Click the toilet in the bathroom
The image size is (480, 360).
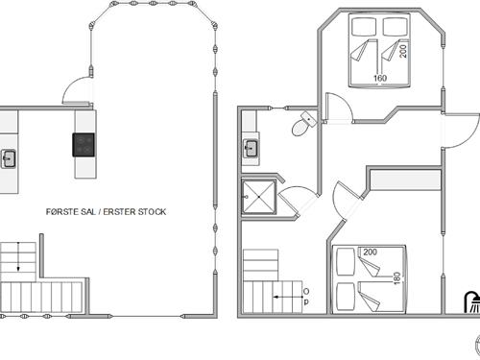[303, 124]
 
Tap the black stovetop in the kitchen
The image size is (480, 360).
[84, 145]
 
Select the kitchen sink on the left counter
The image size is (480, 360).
[9, 158]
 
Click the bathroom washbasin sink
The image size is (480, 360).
[252, 149]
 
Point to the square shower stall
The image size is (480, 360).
[258, 197]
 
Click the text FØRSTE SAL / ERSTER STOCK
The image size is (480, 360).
[106, 212]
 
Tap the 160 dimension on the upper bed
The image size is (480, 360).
[380, 78]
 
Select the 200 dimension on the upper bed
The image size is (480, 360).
[403, 51]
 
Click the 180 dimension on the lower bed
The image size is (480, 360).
[396, 278]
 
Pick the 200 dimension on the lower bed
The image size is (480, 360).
[370, 252]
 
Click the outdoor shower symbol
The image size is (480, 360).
[472, 301]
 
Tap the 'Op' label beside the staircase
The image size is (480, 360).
[306, 297]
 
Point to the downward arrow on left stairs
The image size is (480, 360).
[18, 256]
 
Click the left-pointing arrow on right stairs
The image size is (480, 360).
[288, 297]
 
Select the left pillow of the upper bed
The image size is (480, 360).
[364, 27]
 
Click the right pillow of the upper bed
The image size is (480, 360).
[396, 27]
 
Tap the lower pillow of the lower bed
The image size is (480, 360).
[346, 297]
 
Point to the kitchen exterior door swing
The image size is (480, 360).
[77, 90]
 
